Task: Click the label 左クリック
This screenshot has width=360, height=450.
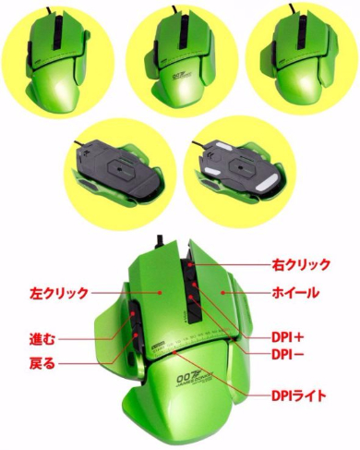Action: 57,294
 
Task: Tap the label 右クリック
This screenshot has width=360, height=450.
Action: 299,265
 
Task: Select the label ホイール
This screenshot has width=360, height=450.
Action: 298,294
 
